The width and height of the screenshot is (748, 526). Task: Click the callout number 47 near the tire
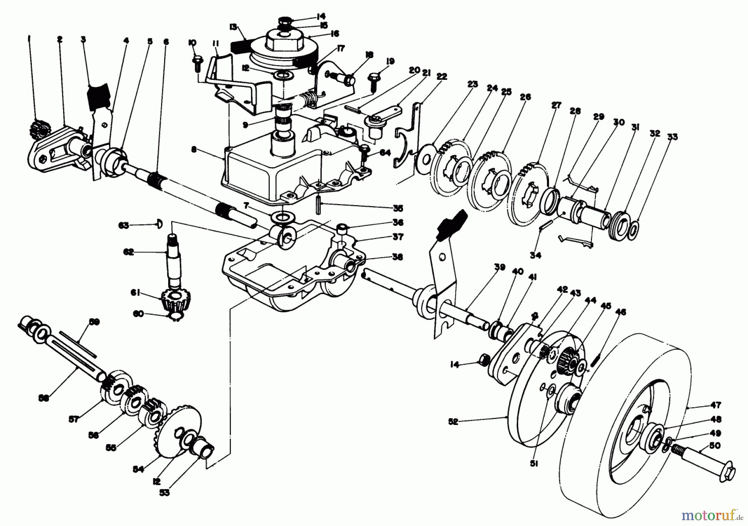(716, 405)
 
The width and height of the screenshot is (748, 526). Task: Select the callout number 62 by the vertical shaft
(128, 252)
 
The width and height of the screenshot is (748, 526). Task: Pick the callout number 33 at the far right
(672, 137)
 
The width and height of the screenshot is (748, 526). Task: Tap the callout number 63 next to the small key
(123, 226)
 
